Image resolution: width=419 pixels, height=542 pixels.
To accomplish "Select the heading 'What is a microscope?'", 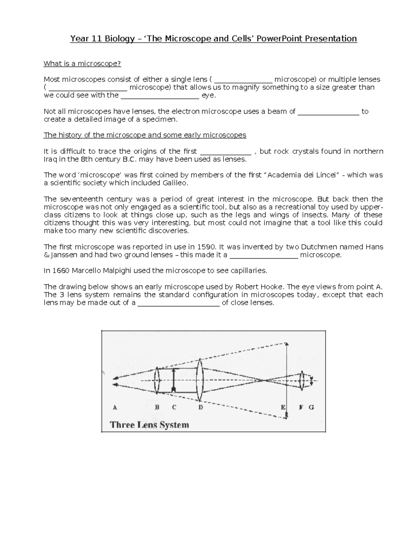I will (82, 64).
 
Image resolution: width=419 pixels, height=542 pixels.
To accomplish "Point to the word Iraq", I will (50, 159).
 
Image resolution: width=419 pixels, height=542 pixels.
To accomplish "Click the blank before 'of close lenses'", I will (179, 303).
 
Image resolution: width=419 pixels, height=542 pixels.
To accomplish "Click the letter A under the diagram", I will (115, 407).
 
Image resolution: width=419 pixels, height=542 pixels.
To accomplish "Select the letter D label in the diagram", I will (200, 407).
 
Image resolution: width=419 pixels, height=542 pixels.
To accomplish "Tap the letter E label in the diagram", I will (283, 407).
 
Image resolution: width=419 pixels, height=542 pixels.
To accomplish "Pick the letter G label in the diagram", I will (311, 407).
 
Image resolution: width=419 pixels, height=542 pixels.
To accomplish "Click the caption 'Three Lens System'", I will (149, 425).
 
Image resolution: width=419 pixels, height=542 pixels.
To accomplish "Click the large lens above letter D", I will (200, 380).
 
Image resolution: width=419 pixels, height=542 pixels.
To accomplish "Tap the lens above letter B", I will (157, 380).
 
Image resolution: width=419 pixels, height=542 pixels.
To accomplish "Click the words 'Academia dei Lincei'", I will (303, 175).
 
